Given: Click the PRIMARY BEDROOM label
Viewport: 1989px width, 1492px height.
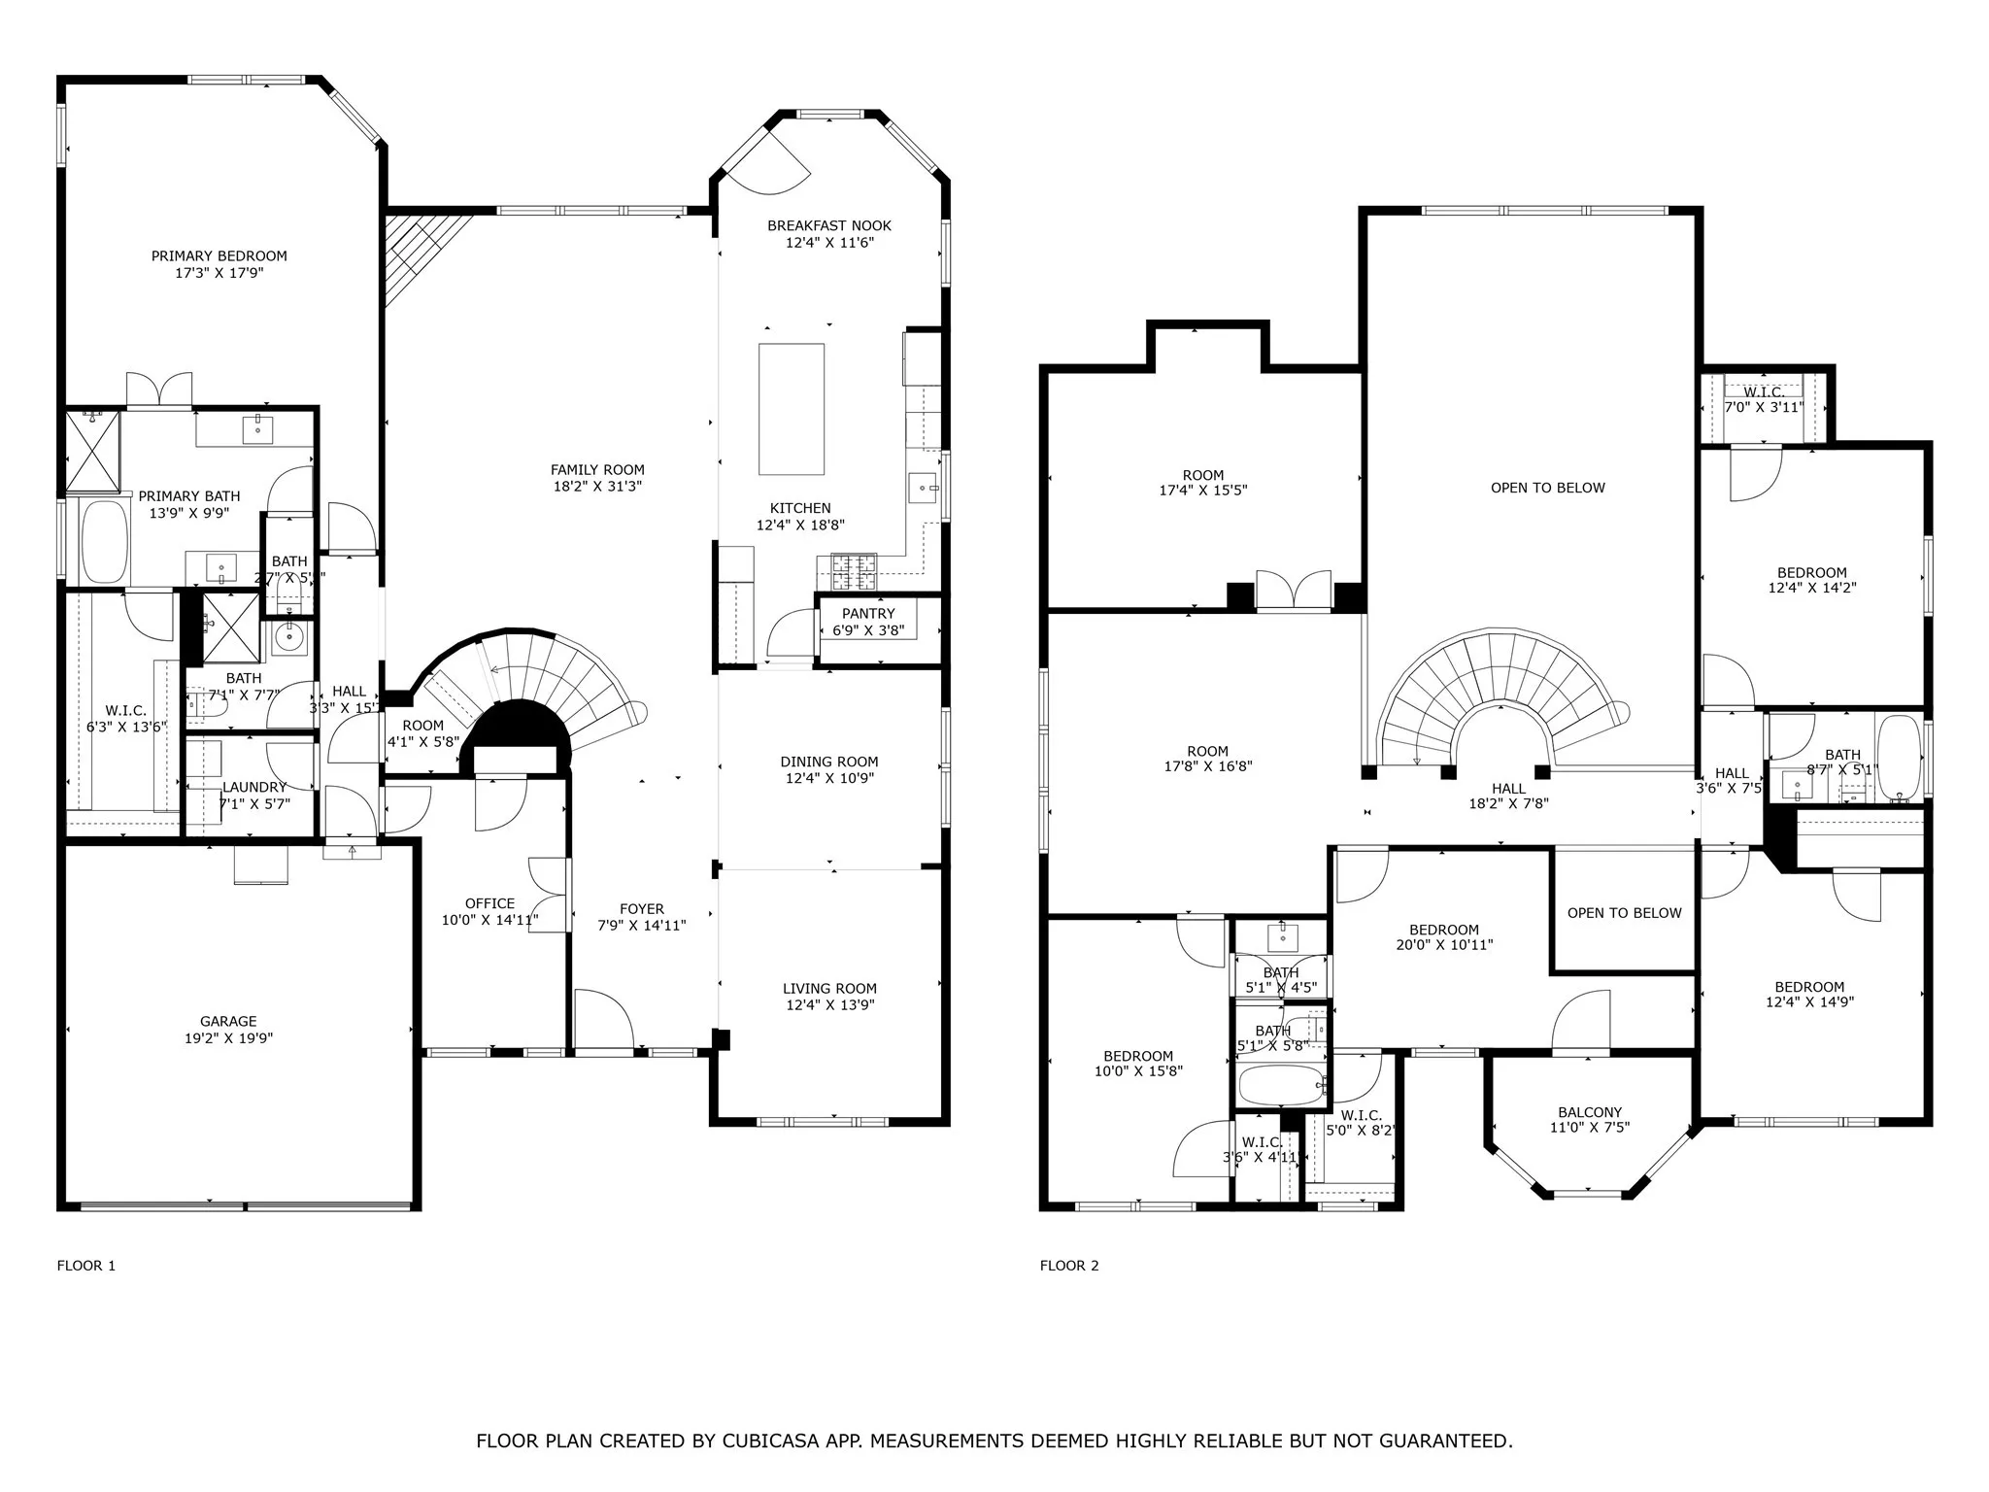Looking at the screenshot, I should click(219, 256).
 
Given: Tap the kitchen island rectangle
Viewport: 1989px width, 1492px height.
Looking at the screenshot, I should click(792, 409).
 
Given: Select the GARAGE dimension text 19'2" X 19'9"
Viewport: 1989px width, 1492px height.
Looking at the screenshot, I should click(228, 1037).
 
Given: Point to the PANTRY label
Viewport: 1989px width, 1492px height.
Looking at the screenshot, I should click(868, 614).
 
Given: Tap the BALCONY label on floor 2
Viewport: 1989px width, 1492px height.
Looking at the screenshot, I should click(1590, 1112).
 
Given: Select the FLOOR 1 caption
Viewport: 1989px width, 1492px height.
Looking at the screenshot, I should click(86, 1265).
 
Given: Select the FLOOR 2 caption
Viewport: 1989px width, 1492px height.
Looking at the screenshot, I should click(1069, 1265).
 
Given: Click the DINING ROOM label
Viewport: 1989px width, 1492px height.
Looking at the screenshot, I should click(829, 762).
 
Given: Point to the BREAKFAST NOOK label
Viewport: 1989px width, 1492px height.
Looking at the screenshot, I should click(829, 225).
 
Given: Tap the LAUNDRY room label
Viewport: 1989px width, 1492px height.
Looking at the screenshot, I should click(254, 787).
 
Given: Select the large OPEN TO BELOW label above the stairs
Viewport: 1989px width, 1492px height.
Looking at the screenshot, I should click(1547, 488).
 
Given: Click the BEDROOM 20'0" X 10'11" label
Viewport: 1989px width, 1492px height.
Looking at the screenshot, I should click(1443, 930).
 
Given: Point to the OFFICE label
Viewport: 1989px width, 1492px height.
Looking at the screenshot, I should click(489, 903).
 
